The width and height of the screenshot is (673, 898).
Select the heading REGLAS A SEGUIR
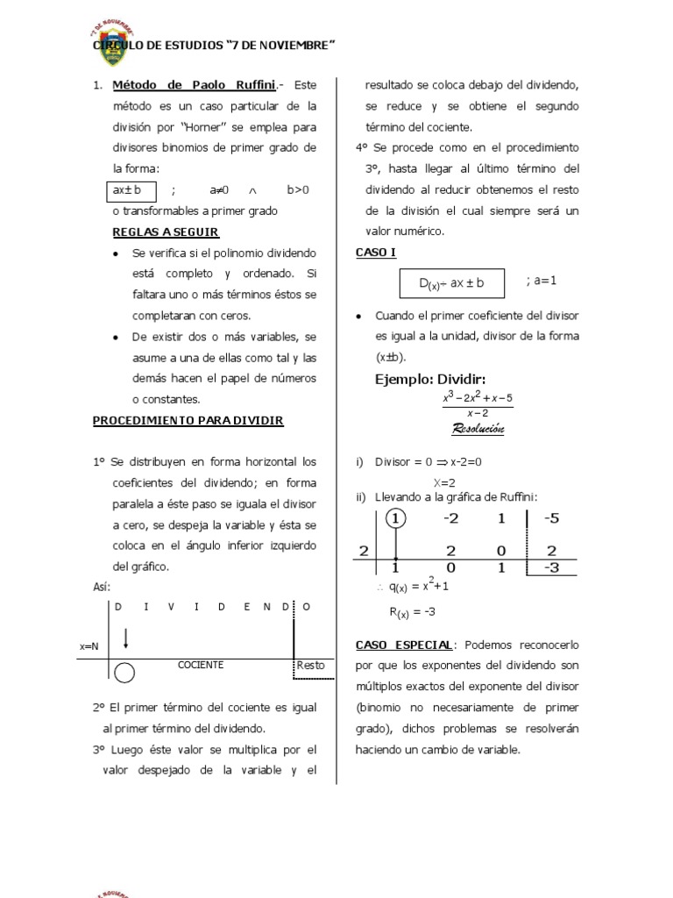166,232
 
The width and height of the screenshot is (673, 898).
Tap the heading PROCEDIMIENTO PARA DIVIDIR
188,421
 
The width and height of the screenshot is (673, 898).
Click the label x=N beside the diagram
89,645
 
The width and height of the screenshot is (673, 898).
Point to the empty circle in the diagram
125,673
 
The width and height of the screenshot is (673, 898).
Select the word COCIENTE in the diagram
201,666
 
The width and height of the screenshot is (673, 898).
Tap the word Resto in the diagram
310,666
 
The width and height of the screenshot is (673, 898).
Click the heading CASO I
376,253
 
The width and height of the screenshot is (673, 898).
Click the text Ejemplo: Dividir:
430,379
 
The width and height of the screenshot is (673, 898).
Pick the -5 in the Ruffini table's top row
551,518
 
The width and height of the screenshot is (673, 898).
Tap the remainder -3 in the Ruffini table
551,567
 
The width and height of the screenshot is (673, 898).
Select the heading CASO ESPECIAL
404,645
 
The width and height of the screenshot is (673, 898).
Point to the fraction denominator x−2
478,412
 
